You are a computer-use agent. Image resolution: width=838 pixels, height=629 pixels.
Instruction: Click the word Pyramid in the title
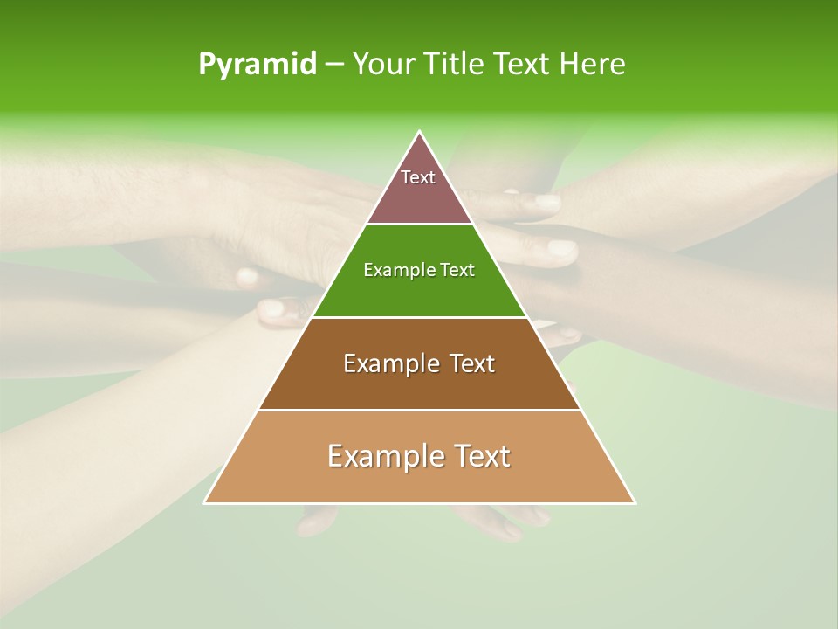pyautogui.click(x=257, y=65)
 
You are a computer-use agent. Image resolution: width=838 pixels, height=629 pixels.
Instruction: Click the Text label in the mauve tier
pyautogui.click(x=418, y=177)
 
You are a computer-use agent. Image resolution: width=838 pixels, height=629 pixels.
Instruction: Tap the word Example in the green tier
pyautogui.click(x=397, y=270)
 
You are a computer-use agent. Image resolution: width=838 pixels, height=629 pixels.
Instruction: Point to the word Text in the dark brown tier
pyautogui.click(x=473, y=363)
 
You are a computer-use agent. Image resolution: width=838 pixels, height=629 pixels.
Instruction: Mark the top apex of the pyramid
pyautogui.click(x=420, y=132)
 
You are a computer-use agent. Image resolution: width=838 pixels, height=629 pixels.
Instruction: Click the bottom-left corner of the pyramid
pyautogui.click(x=205, y=502)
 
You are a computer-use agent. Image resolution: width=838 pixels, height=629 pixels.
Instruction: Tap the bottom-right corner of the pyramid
pyautogui.click(x=635, y=502)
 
